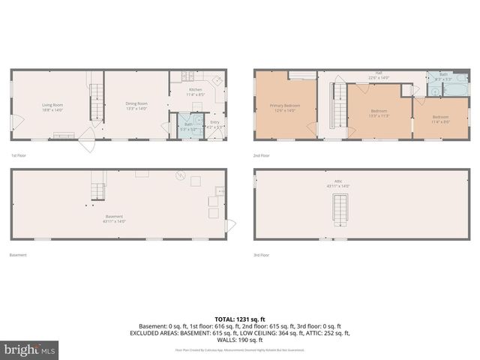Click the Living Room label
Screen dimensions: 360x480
(52, 107)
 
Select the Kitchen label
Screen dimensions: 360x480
(195, 92)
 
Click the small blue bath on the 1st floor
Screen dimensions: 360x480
(188, 126)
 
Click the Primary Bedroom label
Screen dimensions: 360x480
(285, 107)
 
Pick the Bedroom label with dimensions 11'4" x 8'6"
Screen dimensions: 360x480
(440, 118)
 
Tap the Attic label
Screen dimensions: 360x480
(339, 184)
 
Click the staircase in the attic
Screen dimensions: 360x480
(340, 208)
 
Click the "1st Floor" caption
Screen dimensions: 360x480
(19, 155)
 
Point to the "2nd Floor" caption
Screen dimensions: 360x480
(261, 155)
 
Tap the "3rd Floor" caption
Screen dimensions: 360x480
(261, 255)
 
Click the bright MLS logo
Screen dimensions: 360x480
(29, 349)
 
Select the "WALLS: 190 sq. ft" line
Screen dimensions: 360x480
(239, 339)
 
